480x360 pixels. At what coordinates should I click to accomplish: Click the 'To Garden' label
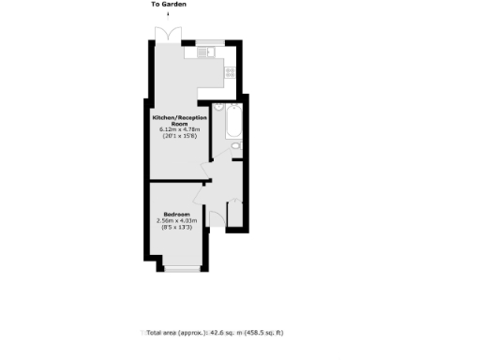(x=169, y=5)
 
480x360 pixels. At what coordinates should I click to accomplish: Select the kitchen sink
(x=206, y=51)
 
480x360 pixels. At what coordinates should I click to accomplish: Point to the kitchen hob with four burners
(x=229, y=72)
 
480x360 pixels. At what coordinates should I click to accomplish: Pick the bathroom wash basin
(x=233, y=146)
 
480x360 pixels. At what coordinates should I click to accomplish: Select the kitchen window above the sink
(x=204, y=42)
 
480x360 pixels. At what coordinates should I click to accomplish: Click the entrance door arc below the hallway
(x=217, y=218)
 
